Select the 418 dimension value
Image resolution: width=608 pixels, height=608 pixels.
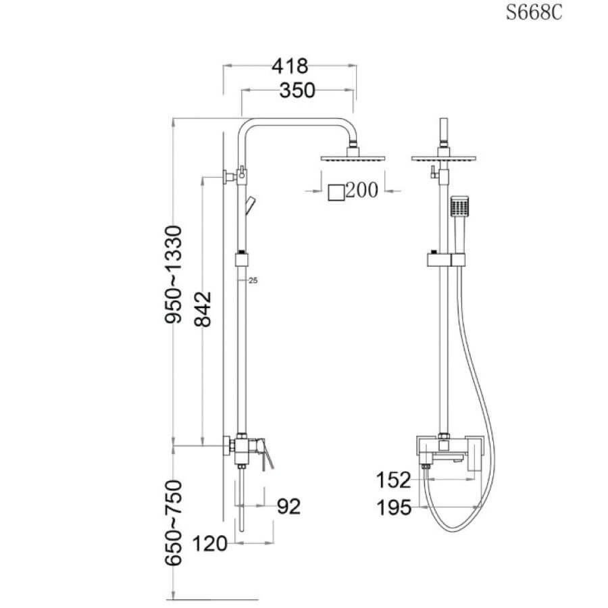click(290, 66)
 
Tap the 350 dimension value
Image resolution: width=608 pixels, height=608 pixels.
click(297, 91)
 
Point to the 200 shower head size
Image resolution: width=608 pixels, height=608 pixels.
click(361, 191)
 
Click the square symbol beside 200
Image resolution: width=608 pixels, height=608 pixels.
click(336, 193)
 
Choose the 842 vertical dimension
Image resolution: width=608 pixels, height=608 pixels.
click(203, 309)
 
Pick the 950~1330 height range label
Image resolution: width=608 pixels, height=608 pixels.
click(173, 274)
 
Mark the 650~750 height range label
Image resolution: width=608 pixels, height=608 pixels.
click(173, 523)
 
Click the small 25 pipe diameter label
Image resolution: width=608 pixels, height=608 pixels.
click(253, 280)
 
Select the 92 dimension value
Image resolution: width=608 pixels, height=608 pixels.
click(289, 507)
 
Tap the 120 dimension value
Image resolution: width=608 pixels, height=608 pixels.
click(210, 544)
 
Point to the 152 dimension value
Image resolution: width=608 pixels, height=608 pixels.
click(394, 480)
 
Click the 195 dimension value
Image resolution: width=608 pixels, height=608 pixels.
click(394, 507)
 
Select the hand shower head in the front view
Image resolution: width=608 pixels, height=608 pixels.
click(459, 206)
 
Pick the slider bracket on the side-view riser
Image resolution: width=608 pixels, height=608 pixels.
click(241, 259)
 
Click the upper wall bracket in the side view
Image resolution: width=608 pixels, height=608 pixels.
click(232, 176)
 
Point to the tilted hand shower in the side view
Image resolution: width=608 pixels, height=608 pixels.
click(251, 205)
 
